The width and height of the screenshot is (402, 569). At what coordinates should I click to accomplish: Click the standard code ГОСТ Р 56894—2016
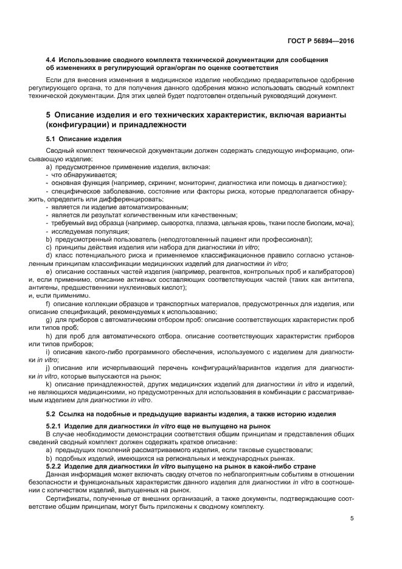click(x=321, y=41)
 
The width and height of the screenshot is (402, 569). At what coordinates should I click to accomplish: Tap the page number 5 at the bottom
click(x=352, y=518)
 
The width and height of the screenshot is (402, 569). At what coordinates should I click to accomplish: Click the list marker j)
click(x=49, y=368)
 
